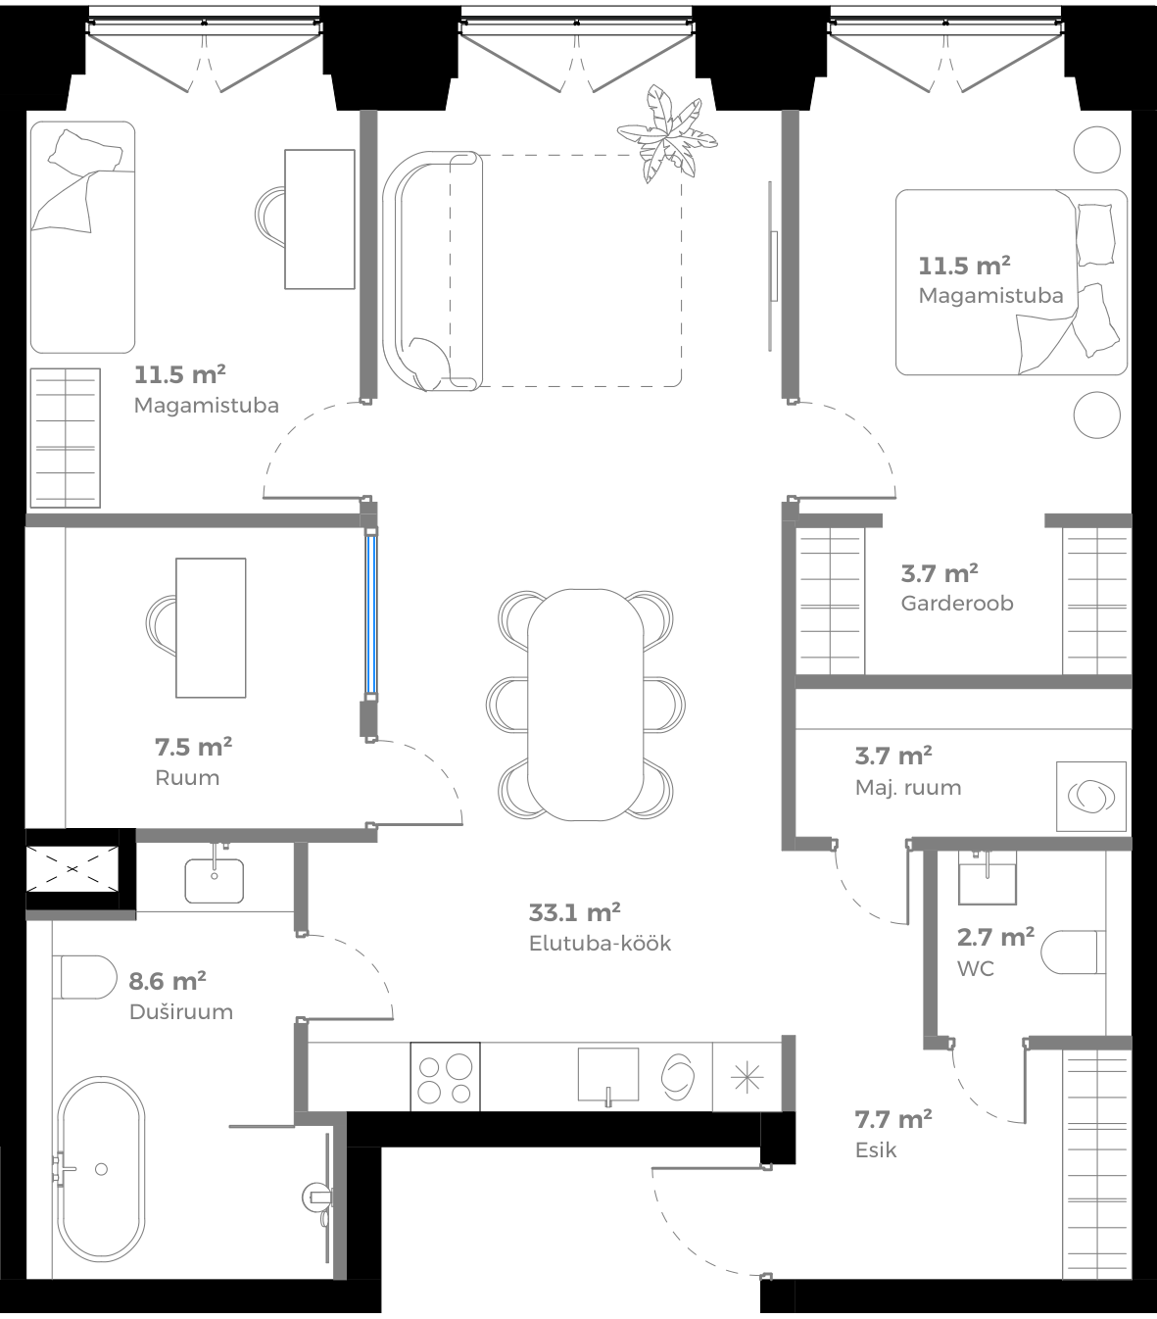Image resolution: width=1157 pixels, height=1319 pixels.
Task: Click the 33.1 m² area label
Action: [574, 913]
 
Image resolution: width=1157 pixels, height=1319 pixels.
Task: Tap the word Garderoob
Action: [956, 604]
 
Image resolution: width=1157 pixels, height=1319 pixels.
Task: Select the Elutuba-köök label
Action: [600, 945]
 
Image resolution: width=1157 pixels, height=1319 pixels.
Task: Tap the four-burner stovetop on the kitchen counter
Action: [446, 1077]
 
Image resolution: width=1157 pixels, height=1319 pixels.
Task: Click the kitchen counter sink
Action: [608, 1075]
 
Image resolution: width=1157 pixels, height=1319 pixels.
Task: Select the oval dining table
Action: [586, 704]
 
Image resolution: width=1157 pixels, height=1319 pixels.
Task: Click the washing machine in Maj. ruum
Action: [1090, 796]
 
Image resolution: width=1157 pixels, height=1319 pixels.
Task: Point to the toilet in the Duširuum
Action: [85, 977]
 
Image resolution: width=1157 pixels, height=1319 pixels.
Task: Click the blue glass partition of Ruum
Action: [372, 613]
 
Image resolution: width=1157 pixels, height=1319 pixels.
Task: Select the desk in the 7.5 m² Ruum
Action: [211, 627]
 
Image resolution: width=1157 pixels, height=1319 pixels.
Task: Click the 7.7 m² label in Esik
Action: [892, 1119]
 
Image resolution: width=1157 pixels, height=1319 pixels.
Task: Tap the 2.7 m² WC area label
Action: [994, 938]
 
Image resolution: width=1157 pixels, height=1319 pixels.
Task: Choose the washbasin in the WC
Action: [987, 876]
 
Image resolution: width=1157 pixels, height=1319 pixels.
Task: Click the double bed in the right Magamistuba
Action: [1009, 282]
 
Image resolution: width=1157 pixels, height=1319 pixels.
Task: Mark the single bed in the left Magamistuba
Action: [82, 237]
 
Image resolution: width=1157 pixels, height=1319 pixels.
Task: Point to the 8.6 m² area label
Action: [167, 981]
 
